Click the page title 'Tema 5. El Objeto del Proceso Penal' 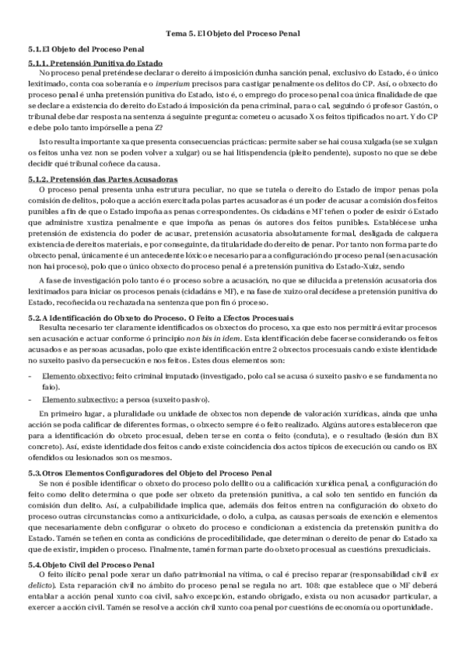[233, 34]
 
